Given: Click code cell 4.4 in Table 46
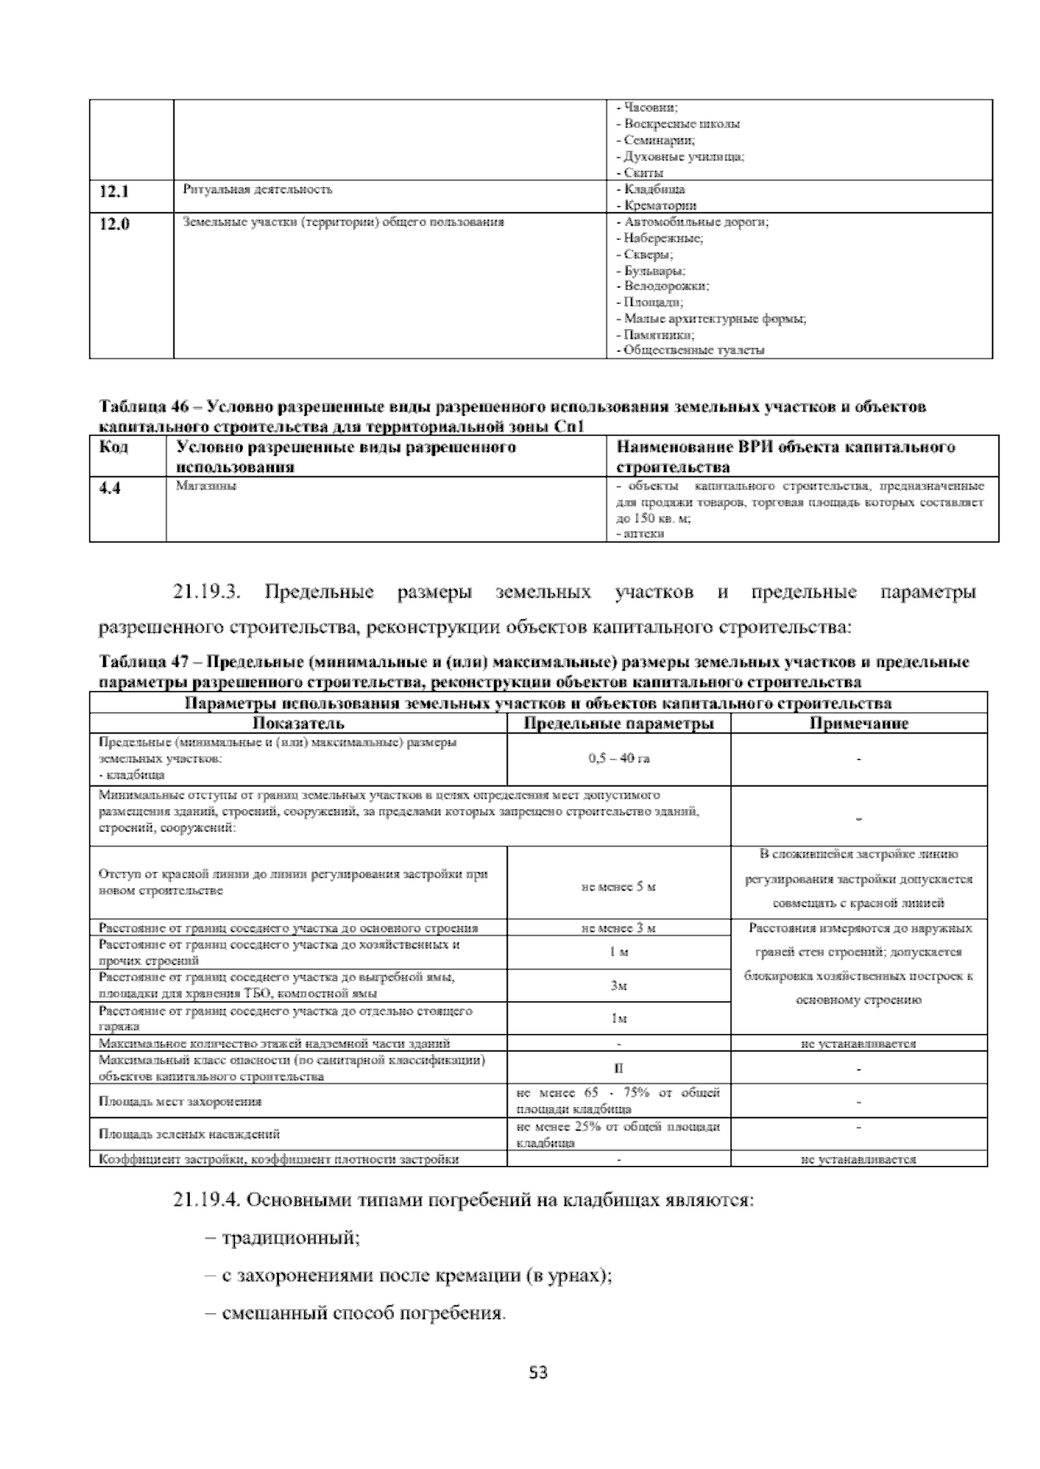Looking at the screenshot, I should [109, 489].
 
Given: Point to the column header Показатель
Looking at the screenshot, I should [298, 723].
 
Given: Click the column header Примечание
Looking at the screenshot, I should [858, 723].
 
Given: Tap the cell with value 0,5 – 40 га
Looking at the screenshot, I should [618, 759].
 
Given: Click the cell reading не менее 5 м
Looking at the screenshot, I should [618, 886].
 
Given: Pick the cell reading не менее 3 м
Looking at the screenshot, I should [618, 928].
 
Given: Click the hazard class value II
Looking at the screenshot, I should [618, 1069].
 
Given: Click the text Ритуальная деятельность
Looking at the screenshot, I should [257, 189].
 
